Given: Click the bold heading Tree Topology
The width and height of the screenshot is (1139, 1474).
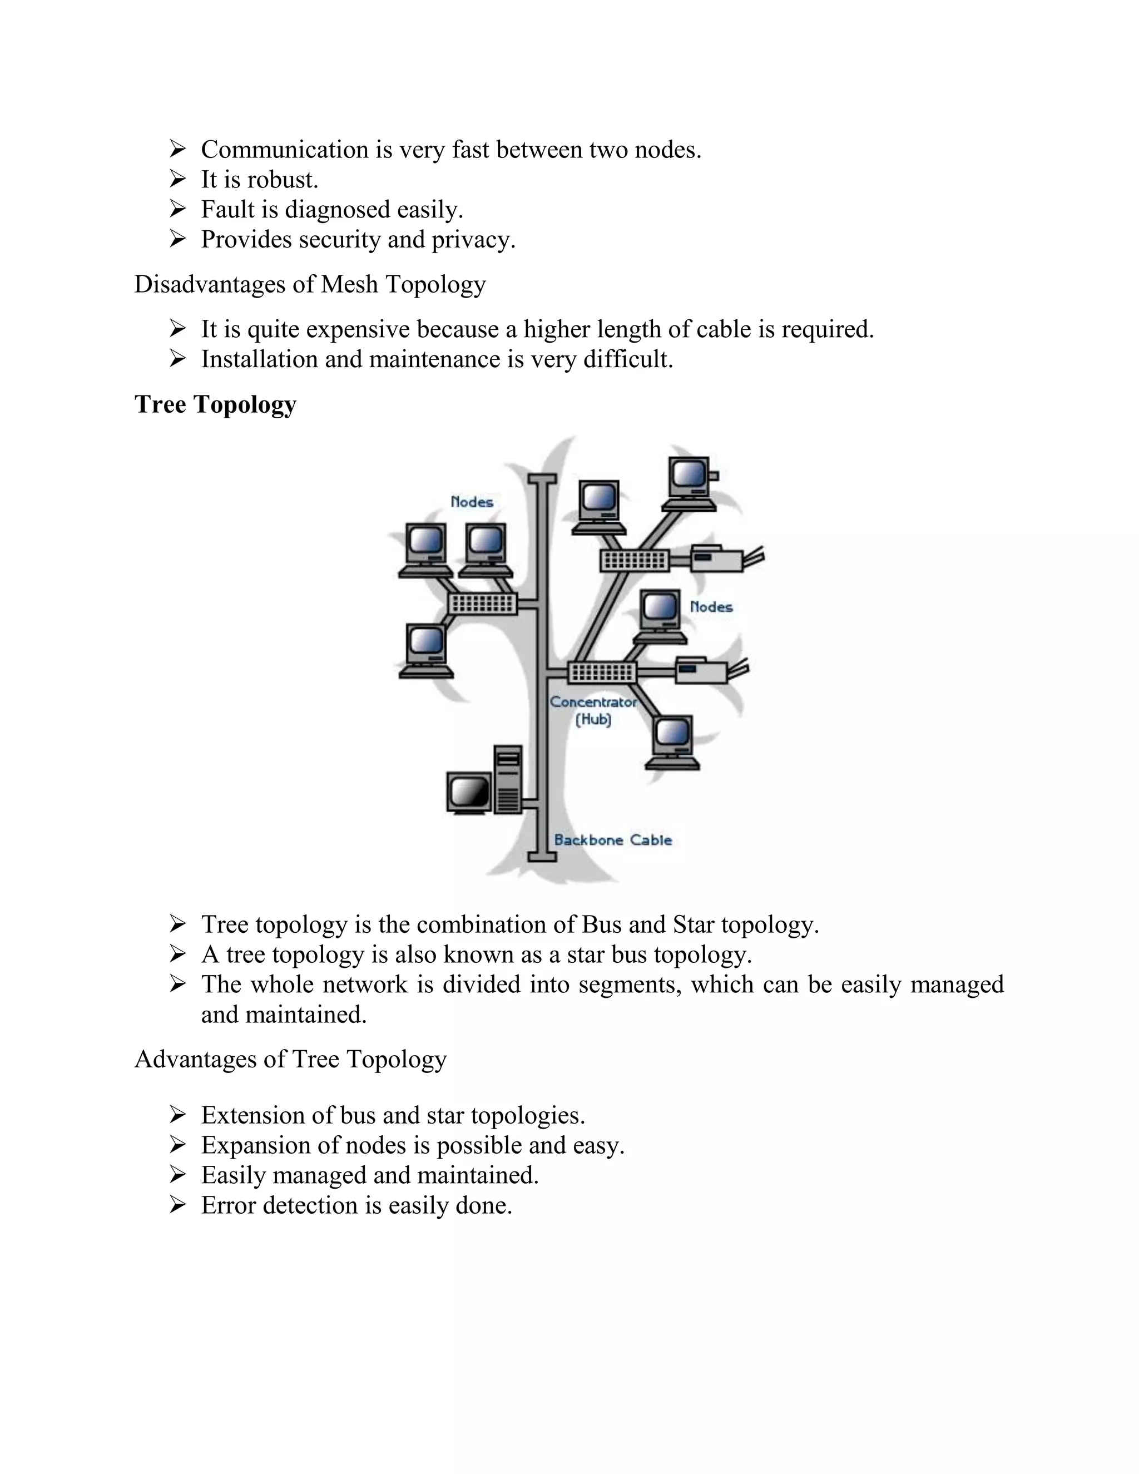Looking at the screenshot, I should pos(215,404).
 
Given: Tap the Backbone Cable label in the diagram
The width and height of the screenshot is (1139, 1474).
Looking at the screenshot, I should pos(613,840).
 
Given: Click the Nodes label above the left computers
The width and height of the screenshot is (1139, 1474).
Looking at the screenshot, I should pos(472,502).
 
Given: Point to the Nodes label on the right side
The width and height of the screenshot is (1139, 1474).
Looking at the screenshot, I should pos(711,607).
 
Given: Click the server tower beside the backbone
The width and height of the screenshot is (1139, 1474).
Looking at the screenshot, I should pos(509,779).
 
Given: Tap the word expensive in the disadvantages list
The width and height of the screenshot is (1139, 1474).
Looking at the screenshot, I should pos(358,330).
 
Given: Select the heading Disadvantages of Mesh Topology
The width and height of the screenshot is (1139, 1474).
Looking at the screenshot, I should pos(310,285).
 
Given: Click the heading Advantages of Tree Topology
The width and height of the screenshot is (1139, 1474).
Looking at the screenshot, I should pos(290,1059).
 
